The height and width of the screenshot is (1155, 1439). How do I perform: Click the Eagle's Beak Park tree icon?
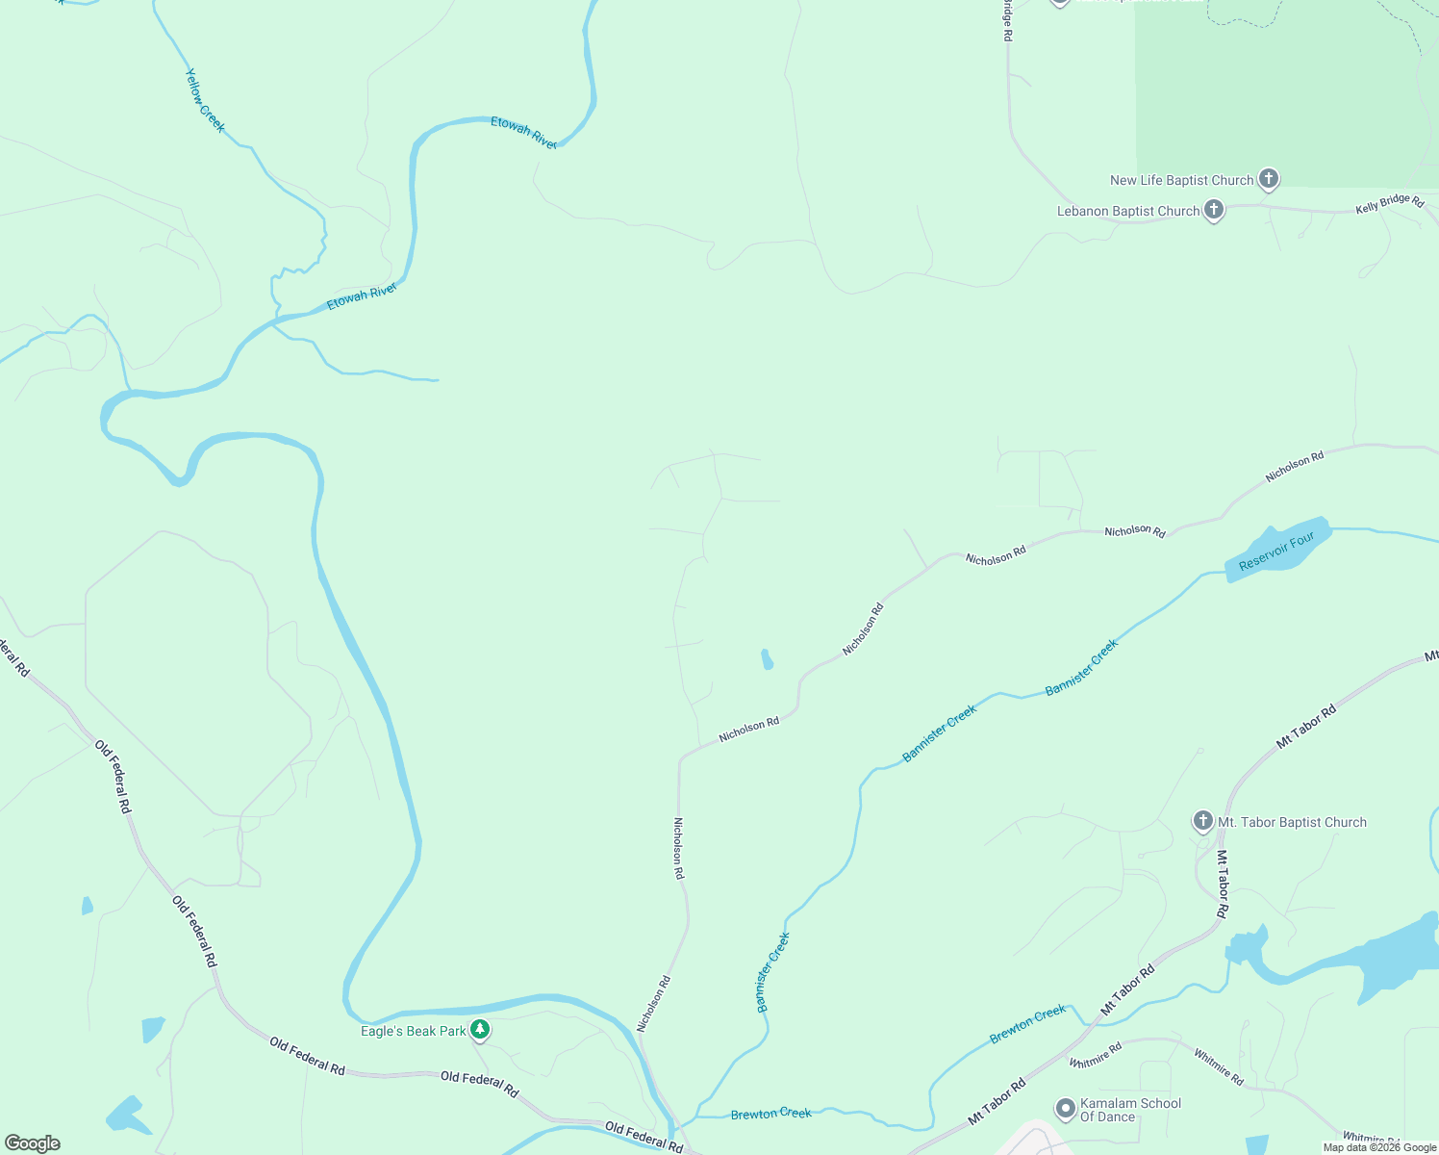coord(480,1030)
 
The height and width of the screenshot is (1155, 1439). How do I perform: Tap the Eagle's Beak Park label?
coord(413,1031)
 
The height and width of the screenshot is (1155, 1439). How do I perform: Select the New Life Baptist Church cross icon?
coord(1269,178)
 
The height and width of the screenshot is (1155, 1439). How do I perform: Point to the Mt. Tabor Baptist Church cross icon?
coord(1202,821)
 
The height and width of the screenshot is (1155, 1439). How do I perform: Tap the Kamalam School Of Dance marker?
coord(1065,1109)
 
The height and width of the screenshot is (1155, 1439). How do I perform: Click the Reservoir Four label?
coord(1276,552)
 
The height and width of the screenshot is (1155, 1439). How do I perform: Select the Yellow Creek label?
coord(205,100)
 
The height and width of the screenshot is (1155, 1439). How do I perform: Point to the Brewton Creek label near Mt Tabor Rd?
coord(1027,1024)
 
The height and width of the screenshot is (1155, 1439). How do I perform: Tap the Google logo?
coord(33,1143)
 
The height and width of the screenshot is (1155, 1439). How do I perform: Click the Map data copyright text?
coord(1379,1147)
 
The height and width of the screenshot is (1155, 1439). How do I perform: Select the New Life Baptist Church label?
coord(1181,180)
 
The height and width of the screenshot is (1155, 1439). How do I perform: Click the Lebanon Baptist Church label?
coord(1128,211)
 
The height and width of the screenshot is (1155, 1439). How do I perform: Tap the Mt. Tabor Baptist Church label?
coord(1292,822)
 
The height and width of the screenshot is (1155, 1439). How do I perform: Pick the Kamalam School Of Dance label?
coord(1130,1110)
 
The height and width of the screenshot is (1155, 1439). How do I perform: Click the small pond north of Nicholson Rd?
coord(767,659)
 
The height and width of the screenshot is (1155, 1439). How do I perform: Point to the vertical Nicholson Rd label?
coord(678,848)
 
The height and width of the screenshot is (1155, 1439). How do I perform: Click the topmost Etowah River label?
coord(523,132)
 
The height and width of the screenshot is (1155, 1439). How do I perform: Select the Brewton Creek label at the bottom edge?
coord(770,1114)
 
